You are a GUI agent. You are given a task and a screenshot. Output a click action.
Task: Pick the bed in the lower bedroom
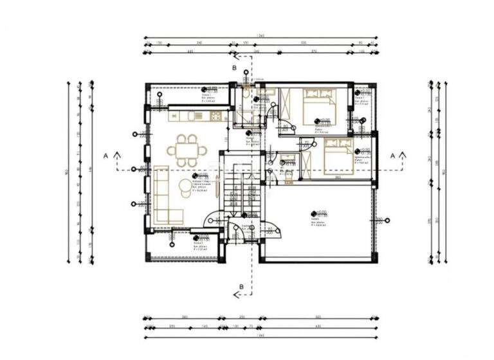click(338, 157)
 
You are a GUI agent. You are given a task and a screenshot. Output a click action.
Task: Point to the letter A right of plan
click(392, 155)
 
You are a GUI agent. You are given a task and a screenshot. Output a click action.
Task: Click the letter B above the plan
click(235, 67)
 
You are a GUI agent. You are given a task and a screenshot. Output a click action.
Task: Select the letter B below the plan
click(241, 287)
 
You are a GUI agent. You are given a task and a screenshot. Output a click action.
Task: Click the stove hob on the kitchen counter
click(215, 116)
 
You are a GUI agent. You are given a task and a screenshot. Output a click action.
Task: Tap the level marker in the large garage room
click(313, 213)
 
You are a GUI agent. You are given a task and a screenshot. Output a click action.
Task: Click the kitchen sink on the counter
click(199, 116)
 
